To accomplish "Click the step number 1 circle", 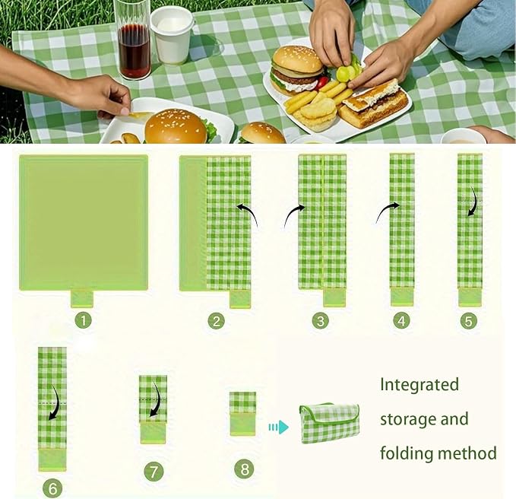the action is click(84, 320).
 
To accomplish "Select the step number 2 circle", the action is click(217, 321).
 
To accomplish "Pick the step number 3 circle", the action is click(321, 320).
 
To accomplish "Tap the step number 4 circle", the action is click(402, 320).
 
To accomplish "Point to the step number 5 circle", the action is click(468, 321).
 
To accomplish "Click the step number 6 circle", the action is click(52, 488).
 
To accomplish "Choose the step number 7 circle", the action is click(154, 472).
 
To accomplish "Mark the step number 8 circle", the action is click(244, 469).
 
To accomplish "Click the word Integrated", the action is click(419, 386).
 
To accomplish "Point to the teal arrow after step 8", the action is click(278, 427).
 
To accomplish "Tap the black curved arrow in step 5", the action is click(473, 202).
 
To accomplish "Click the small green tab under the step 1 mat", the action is click(82, 298).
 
